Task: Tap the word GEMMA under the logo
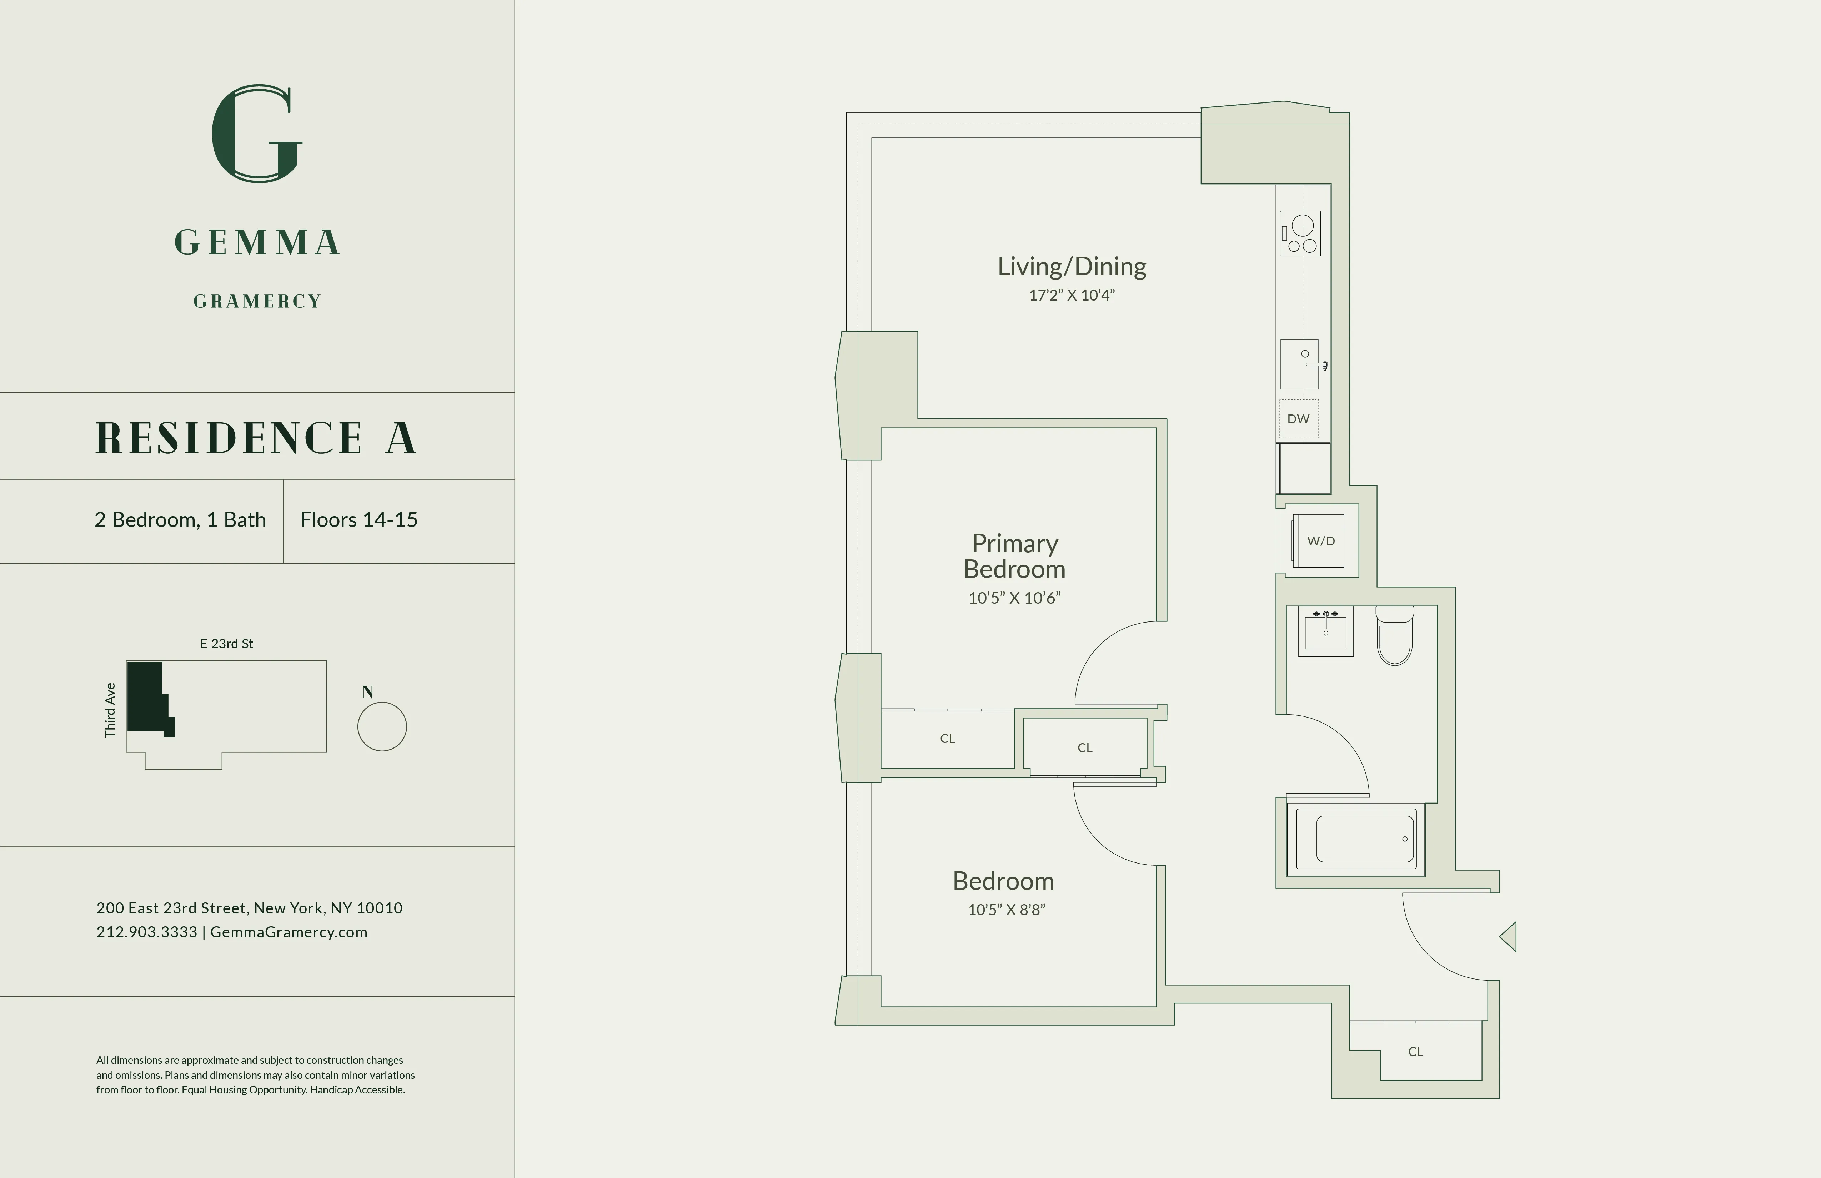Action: (x=257, y=242)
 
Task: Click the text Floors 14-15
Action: (x=359, y=520)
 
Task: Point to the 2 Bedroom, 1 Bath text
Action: (x=180, y=520)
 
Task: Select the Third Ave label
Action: (x=110, y=710)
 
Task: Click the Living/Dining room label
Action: (x=1071, y=266)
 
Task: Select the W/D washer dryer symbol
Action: (x=1320, y=541)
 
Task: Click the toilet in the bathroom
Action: (x=1395, y=636)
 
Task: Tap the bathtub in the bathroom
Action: (x=1365, y=839)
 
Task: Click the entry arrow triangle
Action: (x=1509, y=936)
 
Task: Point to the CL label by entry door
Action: (x=1415, y=1052)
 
